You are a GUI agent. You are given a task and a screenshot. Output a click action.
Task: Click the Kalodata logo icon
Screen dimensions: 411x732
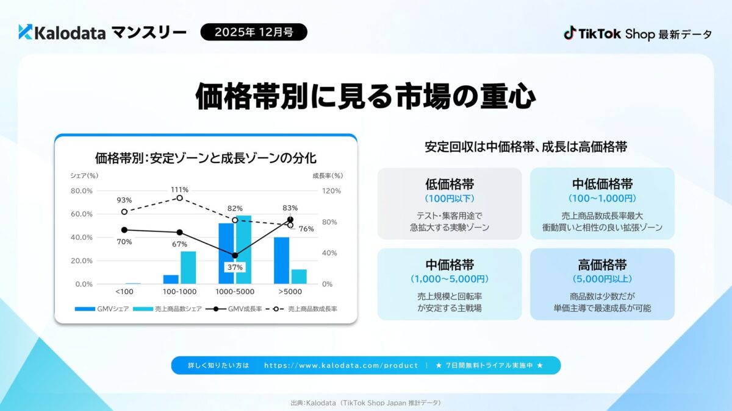coord(25,32)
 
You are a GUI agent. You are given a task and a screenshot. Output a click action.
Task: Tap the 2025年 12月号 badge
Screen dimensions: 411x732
coord(254,32)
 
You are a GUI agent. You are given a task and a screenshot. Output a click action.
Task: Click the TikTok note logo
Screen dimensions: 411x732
coord(570,33)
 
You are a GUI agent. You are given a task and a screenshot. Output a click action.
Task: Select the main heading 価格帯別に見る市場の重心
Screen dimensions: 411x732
coord(366,97)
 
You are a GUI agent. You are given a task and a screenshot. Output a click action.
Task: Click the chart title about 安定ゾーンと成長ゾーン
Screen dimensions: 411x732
coord(206,158)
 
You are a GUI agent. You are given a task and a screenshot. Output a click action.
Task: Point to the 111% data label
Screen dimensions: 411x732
coord(179,189)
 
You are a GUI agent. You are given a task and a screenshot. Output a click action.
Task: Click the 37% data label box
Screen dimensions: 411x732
coord(235,267)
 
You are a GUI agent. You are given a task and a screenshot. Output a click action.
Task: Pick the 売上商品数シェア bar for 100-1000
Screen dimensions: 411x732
coord(188,267)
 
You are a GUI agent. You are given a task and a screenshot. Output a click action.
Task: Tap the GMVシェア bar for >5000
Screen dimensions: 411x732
coord(281,261)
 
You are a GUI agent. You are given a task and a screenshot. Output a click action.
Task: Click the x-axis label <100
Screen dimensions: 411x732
coord(124,292)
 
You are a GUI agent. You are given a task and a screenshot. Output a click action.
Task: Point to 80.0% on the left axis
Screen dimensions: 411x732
coord(82,191)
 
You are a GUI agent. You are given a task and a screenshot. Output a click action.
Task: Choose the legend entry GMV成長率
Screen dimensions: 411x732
coord(241,309)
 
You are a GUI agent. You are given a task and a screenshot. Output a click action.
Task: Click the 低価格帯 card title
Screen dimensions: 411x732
coord(450,184)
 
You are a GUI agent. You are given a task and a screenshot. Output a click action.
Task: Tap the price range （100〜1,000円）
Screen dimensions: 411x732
coord(602,198)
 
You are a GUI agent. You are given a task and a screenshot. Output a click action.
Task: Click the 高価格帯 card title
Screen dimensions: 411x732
coord(602,265)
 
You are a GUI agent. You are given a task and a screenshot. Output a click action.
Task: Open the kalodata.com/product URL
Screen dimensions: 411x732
coord(341,365)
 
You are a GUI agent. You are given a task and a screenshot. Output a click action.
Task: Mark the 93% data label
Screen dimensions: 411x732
coord(124,200)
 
